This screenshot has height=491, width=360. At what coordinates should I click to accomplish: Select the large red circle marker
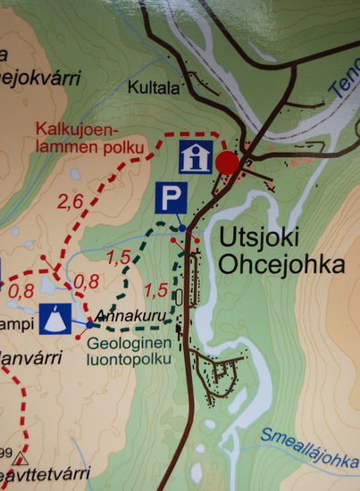(229, 162)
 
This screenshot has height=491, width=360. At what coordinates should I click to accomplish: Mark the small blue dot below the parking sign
(182, 229)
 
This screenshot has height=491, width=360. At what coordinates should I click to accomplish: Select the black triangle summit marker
(21, 460)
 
